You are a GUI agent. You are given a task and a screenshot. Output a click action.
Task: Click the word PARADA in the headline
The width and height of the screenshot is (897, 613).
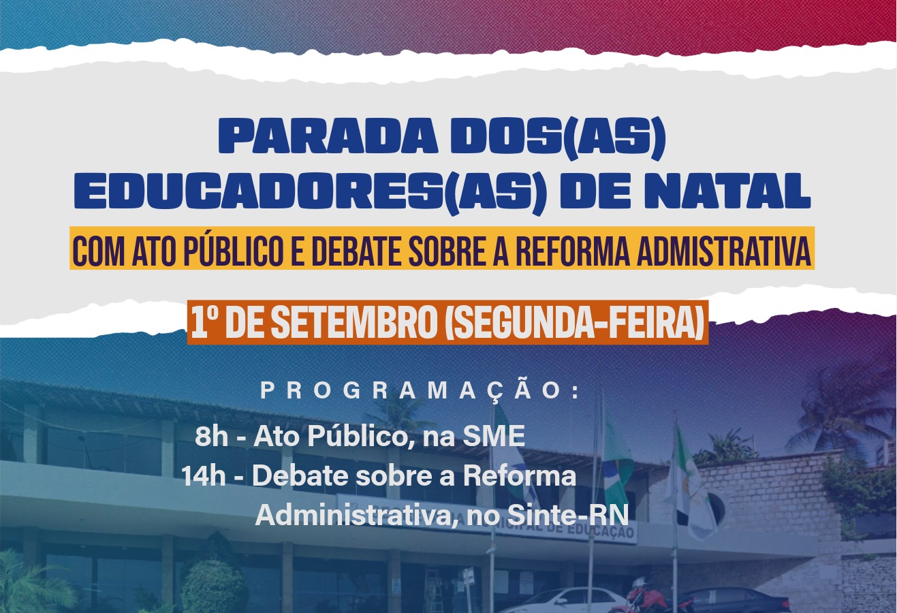tap(328, 136)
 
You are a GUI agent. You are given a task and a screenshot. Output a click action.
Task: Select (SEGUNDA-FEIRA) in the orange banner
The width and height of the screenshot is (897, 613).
tap(575, 321)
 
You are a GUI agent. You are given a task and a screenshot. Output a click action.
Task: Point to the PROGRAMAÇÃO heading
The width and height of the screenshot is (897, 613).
tap(420, 391)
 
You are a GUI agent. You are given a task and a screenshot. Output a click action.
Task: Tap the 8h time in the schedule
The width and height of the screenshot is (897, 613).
tap(211, 436)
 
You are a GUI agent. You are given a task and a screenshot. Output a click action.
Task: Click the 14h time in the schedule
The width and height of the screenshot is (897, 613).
tap(204, 477)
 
